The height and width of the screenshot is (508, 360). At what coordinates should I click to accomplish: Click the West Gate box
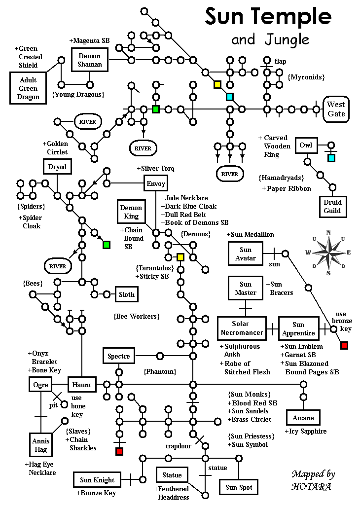click(336, 109)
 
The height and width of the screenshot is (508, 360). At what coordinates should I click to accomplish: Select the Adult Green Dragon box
click(28, 88)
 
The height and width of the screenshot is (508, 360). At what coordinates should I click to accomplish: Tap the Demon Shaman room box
click(90, 60)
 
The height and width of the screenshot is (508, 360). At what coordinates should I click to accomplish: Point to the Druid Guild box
click(332, 207)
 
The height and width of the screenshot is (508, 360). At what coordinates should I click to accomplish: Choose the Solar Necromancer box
click(242, 328)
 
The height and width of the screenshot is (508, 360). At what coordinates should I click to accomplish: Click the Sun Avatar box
click(246, 254)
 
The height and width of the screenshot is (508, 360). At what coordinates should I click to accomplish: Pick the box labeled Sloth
click(127, 294)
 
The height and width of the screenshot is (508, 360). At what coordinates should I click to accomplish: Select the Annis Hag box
click(41, 445)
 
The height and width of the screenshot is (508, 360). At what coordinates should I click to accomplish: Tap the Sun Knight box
click(97, 480)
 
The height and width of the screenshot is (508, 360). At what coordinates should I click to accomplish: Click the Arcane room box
click(303, 418)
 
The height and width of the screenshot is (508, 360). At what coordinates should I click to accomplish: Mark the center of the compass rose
click(328, 252)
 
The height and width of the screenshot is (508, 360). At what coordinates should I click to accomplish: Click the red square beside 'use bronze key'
click(344, 345)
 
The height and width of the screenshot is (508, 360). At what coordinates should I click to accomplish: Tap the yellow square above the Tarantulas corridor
click(180, 257)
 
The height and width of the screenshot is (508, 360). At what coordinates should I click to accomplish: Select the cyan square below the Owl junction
click(331, 158)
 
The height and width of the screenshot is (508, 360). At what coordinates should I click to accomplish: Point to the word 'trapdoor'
click(178, 446)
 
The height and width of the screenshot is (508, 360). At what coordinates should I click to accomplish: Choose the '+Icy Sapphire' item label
click(306, 432)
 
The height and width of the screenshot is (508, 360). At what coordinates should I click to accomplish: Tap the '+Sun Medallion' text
click(250, 234)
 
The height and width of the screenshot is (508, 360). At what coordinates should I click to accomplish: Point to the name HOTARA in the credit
click(311, 486)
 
